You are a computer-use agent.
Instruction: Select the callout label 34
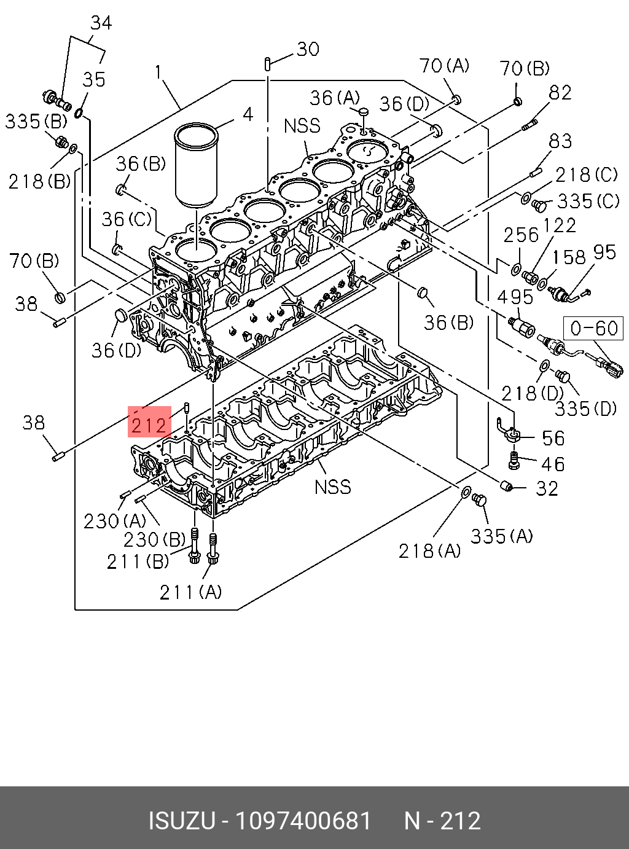point(101,23)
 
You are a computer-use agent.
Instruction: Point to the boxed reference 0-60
point(593,328)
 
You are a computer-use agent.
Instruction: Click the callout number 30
point(307,49)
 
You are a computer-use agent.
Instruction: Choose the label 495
point(515,297)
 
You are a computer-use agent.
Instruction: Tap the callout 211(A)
point(190,592)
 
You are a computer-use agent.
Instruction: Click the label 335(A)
point(501,536)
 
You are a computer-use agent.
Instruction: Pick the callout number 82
point(560,93)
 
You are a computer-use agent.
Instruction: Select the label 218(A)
point(429,551)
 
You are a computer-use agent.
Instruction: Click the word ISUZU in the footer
point(181,821)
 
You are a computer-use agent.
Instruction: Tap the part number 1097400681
point(303,821)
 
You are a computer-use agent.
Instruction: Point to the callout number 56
point(553,438)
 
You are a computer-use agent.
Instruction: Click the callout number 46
point(552,464)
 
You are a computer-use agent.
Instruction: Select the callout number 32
point(547,488)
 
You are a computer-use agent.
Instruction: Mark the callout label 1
point(158,72)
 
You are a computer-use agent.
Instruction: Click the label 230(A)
point(114,521)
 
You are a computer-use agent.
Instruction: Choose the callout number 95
point(604,252)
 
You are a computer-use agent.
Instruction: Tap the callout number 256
point(520,235)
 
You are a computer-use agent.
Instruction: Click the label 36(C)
point(126,219)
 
